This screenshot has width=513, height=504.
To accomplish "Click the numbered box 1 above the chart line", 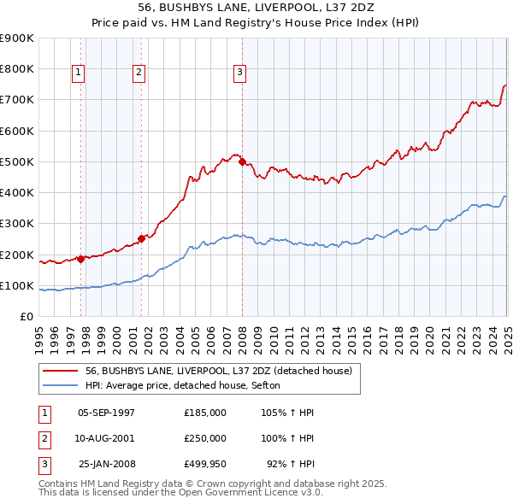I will pos(78,73).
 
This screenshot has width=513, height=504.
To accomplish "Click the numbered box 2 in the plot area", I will pos(139,73).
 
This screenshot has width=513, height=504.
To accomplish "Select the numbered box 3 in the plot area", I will pos(239,73).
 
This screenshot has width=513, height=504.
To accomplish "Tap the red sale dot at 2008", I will pos(243,161).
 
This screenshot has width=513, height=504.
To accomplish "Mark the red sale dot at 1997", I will pos(81,259).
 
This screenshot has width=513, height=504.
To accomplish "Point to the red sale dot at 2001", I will pos(142,238).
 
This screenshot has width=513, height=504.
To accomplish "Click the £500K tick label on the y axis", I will pos(17,161).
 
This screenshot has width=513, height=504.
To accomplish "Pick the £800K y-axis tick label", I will pos(17,68).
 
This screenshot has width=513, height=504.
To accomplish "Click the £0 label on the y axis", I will pos(26,316).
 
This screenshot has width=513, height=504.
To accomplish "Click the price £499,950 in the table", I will pos(204,464).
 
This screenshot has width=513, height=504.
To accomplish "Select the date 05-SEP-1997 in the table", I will pos(106,413).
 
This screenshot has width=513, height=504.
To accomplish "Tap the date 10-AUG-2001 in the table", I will pos(106,438).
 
